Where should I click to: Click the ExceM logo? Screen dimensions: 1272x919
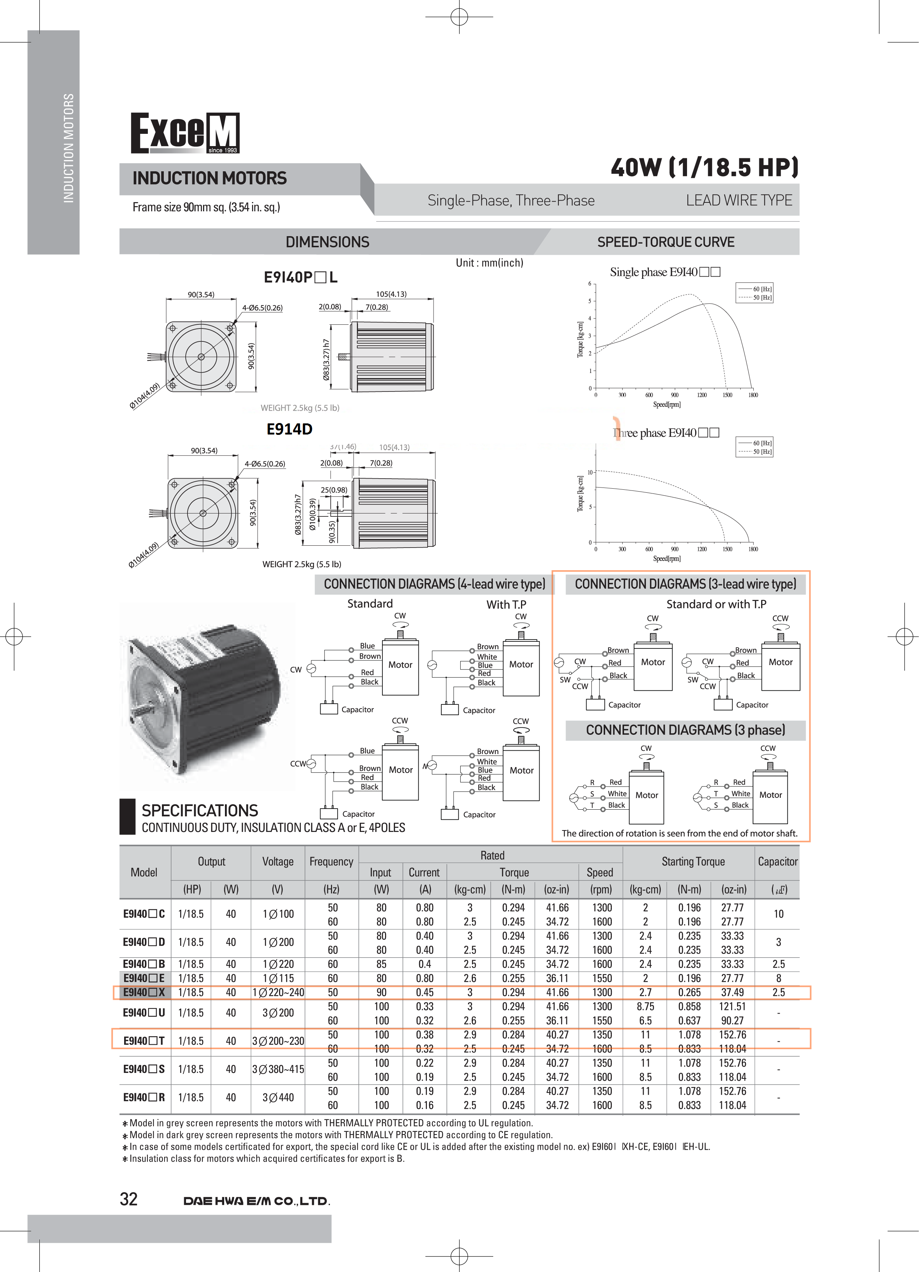tap(185, 133)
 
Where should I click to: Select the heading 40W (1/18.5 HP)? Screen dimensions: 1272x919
tap(704, 167)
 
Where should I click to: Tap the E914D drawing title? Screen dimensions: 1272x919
tap(289, 429)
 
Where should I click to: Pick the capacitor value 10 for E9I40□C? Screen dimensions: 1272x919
tap(778, 914)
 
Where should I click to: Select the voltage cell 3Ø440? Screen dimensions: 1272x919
tap(278, 1098)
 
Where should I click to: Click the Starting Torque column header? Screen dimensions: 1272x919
tap(693, 862)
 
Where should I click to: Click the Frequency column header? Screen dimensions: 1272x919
tap(331, 862)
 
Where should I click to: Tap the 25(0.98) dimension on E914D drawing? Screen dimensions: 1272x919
tap(334, 490)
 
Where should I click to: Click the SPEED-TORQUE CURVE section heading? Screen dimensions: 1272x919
tap(666, 242)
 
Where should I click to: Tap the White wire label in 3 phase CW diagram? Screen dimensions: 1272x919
tap(617, 794)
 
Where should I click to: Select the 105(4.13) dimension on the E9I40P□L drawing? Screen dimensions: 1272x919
tap(391, 294)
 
